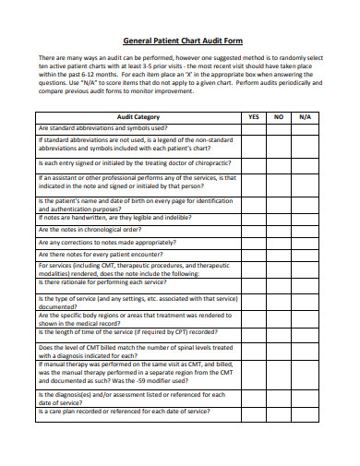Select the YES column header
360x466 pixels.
click(254, 117)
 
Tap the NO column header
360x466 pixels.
click(279, 117)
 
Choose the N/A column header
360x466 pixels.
click(306, 117)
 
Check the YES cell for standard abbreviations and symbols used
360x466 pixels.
click(254, 128)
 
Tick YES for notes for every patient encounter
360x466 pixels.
click(254, 254)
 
